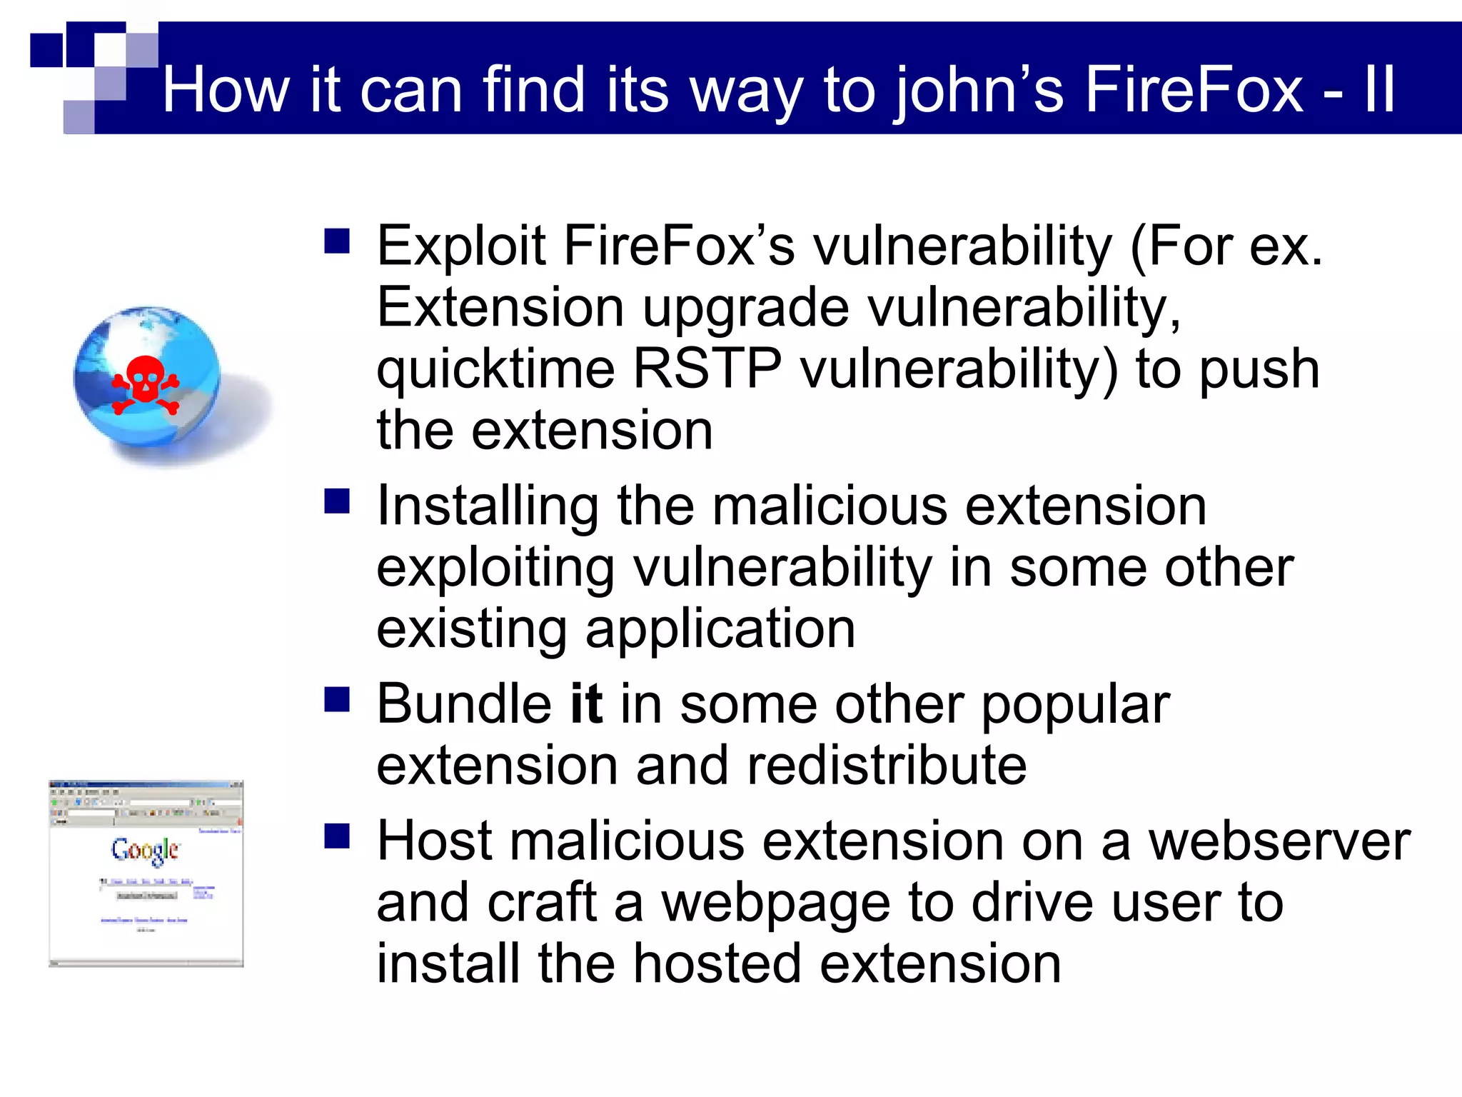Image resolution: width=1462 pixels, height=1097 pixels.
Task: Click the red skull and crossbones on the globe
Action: tap(146, 384)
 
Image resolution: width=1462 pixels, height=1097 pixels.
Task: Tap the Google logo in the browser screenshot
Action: tap(145, 850)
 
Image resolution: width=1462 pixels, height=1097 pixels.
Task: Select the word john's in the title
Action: tap(979, 91)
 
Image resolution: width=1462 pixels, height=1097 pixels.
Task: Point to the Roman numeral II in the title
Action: tap(1379, 90)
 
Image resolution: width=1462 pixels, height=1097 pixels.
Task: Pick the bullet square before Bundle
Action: tap(337, 700)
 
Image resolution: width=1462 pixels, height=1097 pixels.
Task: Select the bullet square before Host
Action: tap(337, 836)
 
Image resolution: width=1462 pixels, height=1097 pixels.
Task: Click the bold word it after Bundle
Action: tap(586, 704)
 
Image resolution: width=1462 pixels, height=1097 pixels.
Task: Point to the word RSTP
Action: tap(707, 369)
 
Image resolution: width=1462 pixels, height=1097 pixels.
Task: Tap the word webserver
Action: tap(1279, 841)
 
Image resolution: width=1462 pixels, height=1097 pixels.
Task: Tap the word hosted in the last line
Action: tap(717, 964)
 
